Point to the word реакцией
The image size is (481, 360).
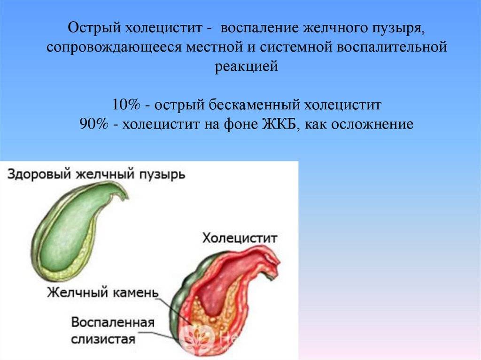[x=247, y=67]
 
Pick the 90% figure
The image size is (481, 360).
[x=94, y=125]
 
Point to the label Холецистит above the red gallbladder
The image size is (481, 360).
[x=240, y=238]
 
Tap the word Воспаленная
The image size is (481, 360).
[x=113, y=323]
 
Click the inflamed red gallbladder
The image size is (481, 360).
[x=225, y=291]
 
